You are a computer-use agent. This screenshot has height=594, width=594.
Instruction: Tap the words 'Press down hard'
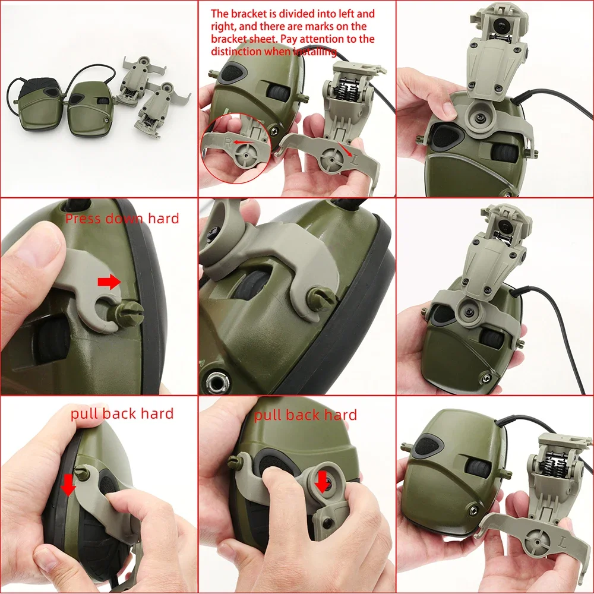(x=122, y=218)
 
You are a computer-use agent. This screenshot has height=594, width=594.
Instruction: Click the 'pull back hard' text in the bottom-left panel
(x=122, y=413)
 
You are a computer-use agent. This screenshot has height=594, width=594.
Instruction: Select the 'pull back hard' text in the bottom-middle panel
(x=305, y=415)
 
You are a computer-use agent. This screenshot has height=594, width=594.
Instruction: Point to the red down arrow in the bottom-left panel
(x=69, y=484)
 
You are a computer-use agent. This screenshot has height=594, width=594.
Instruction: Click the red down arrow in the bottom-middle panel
(x=322, y=481)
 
